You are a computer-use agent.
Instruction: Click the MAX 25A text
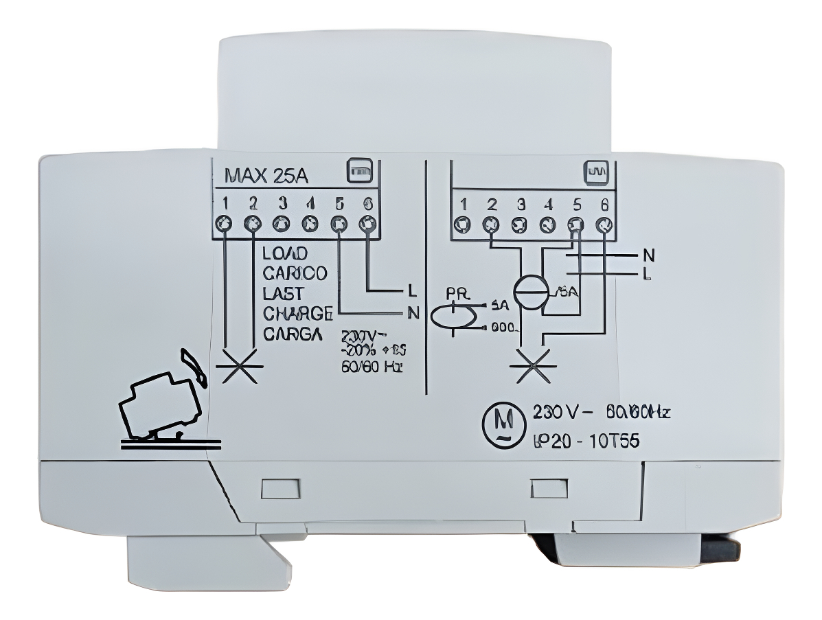click(266, 176)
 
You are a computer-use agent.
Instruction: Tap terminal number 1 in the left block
click(225, 203)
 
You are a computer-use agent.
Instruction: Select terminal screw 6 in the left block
click(369, 223)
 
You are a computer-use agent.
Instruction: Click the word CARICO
click(295, 273)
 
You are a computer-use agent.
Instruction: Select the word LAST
click(282, 294)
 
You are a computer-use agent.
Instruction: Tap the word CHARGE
click(297, 314)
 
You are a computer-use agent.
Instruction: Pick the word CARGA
click(292, 335)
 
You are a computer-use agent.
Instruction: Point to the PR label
click(457, 292)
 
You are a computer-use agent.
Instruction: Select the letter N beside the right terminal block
click(648, 256)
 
